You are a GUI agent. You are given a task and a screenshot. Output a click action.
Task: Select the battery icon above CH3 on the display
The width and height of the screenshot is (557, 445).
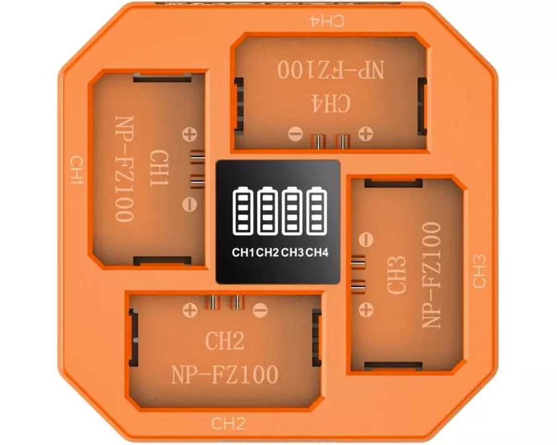click(292, 212)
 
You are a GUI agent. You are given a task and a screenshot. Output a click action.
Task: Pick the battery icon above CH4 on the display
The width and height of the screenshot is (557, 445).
click(317, 212)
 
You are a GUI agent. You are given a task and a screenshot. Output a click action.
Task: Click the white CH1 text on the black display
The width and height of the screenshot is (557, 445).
click(243, 253)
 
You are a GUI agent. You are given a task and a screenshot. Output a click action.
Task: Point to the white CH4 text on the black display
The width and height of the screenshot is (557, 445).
click(317, 253)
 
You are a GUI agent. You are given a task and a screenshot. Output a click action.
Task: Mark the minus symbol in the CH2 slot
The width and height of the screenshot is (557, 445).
click(260, 309)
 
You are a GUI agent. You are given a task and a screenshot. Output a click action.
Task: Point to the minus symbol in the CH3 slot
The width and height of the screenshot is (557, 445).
click(368, 239)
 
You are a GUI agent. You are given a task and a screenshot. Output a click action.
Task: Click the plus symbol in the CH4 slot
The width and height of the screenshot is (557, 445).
click(364, 133)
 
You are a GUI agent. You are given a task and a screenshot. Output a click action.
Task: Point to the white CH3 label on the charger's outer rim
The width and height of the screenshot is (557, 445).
click(479, 271)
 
